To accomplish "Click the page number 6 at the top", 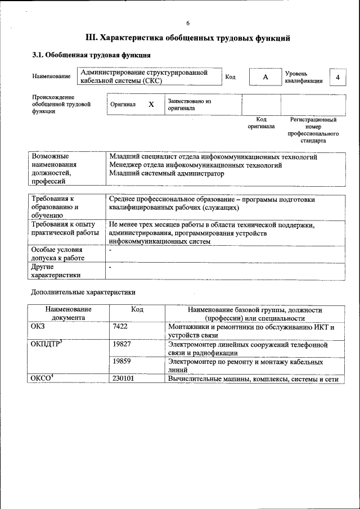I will tap(188, 22).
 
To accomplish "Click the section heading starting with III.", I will tap(188, 38).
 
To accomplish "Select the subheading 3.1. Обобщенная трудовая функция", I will tap(91, 55).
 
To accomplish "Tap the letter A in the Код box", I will tap(265, 76).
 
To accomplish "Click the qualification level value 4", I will tap(337, 76).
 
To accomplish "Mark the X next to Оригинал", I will tap(151, 105).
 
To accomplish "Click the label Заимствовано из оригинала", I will tap(189, 105).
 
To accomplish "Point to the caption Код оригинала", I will tap(261, 123).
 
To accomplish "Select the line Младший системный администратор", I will tap(166, 174).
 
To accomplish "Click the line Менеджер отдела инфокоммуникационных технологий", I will tap(195, 165).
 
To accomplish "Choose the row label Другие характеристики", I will tap(56, 271).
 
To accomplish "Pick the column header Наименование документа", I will tap(69, 313).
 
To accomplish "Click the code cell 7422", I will tap(120, 327).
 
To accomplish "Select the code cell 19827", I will tap(121, 344).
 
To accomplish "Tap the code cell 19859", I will tap(121, 362).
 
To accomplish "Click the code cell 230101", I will tap(123, 379).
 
